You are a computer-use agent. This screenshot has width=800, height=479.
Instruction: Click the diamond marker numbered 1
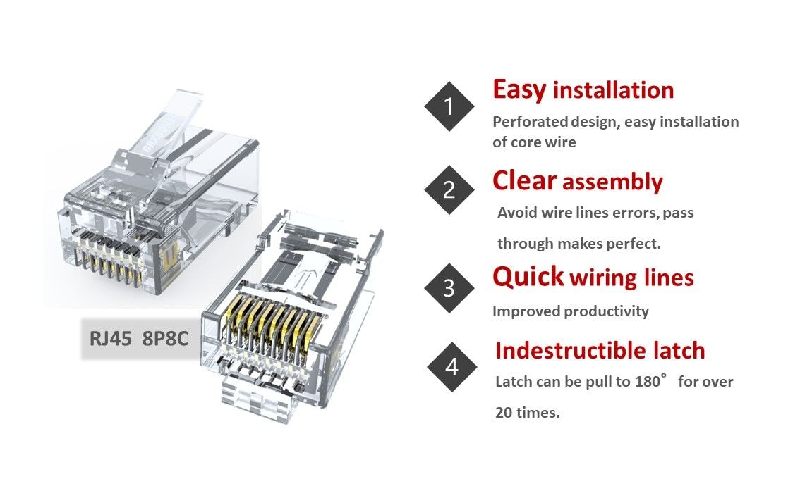(449, 106)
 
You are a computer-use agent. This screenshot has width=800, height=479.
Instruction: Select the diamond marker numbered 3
(449, 288)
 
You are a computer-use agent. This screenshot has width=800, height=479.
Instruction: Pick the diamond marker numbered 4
(451, 367)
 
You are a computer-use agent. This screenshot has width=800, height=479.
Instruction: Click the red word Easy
(519, 90)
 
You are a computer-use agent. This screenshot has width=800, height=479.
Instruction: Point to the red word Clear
(524, 181)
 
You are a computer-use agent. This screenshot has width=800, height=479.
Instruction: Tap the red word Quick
(528, 277)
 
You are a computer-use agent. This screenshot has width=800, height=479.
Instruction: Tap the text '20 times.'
(527, 413)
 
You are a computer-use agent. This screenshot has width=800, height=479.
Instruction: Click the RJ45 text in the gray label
(110, 337)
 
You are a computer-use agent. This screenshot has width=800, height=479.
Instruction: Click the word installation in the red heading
(612, 91)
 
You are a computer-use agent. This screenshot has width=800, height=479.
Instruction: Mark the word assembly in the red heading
(612, 182)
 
